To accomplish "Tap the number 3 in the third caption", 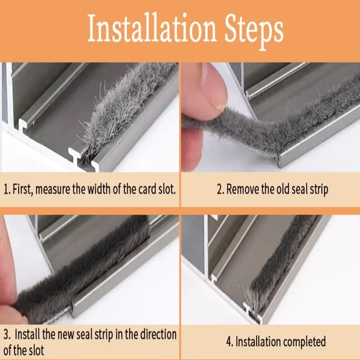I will (6, 334).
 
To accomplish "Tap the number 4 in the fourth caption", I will (229, 341).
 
